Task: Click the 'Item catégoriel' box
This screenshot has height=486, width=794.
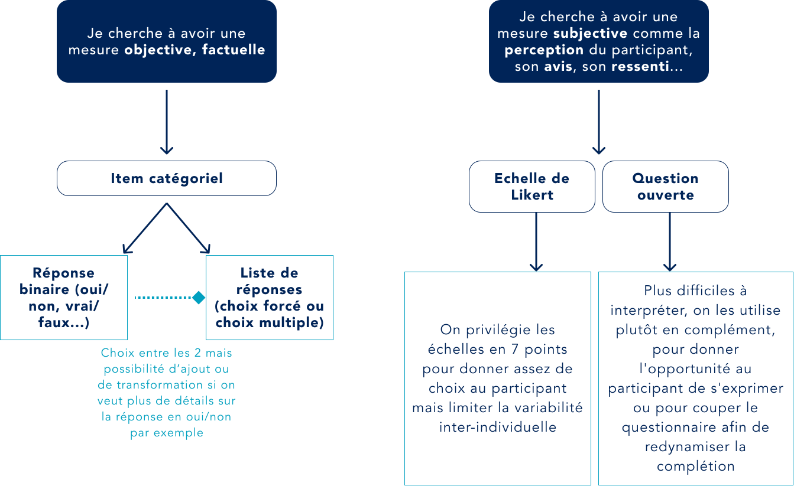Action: tap(167, 178)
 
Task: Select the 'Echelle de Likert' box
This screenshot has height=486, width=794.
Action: tap(532, 187)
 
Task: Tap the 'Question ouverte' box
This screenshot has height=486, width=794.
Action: tap(665, 187)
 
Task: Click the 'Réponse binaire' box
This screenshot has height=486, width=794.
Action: tap(64, 298)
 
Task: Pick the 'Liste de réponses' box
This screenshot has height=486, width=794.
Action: tap(270, 298)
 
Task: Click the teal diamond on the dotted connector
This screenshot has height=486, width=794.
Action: tap(199, 298)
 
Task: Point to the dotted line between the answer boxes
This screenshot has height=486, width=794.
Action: tap(163, 298)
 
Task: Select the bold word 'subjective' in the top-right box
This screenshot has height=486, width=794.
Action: tap(590, 34)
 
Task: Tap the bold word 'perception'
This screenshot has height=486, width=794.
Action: tap(544, 50)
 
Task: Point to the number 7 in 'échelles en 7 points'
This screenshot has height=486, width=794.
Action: tap(496, 349)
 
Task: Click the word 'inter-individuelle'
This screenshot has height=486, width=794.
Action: tap(497, 427)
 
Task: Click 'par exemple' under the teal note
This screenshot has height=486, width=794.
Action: tap(166, 433)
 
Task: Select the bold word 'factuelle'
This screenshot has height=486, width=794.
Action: tap(234, 50)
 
